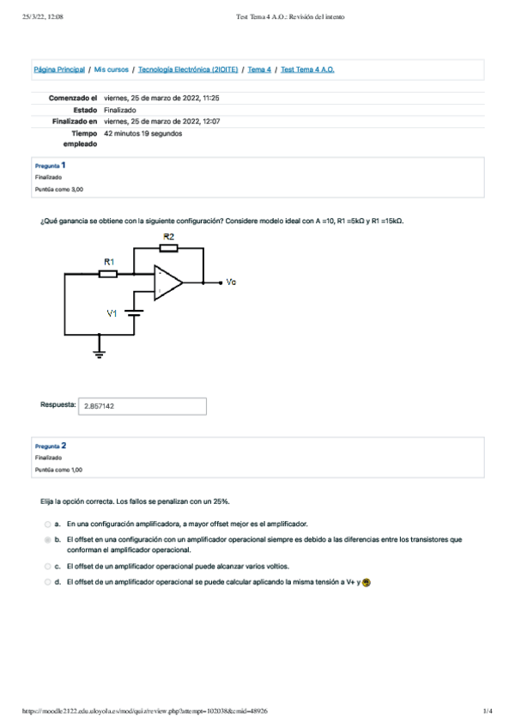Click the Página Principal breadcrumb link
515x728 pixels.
click(x=59, y=69)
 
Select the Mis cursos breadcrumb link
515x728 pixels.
click(x=112, y=69)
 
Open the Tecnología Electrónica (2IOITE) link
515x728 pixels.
click(x=188, y=69)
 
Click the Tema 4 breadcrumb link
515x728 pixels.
click(x=259, y=69)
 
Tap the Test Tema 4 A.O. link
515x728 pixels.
click(x=307, y=69)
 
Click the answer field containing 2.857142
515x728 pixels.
click(x=142, y=407)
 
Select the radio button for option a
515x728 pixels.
click(x=48, y=524)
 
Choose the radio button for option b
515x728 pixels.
click(x=48, y=540)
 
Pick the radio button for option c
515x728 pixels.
click(x=48, y=567)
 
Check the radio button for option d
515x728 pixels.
click(x=48, y=582)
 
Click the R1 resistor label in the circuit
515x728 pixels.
click(x=109, y=260)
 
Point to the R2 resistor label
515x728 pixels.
click(x=168, y=235)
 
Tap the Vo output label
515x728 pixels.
click(x=231, y=282)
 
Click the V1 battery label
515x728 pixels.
click(x=112, y=313)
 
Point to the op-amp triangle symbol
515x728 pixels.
click(x=167, y=282)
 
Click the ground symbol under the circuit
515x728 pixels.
click(x=100, y=353)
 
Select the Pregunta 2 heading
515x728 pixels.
click(x=51, y=446)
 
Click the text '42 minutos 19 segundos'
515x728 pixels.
click(x=142, y=134)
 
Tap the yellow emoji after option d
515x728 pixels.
click(x=367, y=582)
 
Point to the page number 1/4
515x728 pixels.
click(x=487, y=711)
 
